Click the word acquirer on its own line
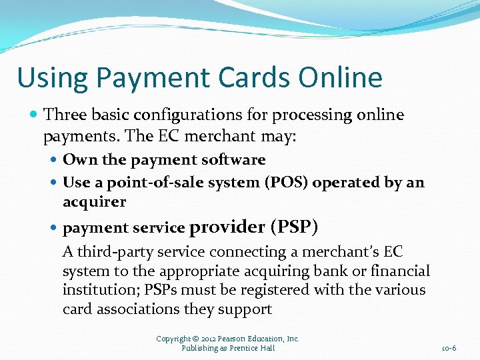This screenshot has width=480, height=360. (x=94, y=201)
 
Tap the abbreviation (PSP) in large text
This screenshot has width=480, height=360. (x=294, y=227)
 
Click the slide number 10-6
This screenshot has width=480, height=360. (x=449, y=348)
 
